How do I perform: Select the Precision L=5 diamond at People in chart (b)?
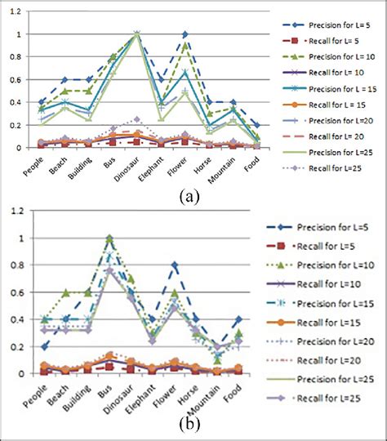point(45,346)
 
